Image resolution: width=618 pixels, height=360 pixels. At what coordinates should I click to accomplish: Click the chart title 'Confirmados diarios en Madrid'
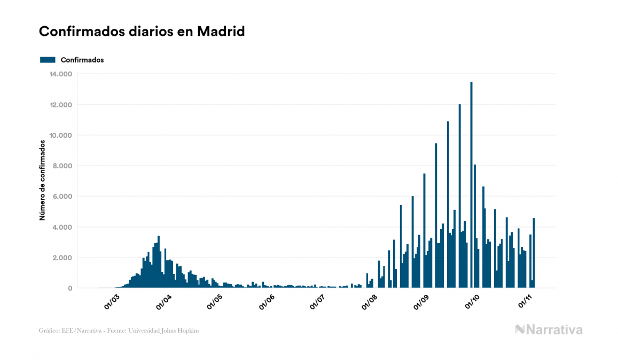142,32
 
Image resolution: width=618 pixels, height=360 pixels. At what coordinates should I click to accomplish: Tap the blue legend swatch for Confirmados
48,60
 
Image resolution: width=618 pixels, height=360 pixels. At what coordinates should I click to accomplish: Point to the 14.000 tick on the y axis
61,74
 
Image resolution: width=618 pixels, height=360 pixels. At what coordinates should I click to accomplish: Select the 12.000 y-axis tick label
61,105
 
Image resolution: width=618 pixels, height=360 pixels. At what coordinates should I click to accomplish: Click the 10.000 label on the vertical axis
61,135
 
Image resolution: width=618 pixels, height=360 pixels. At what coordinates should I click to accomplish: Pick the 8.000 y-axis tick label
62,166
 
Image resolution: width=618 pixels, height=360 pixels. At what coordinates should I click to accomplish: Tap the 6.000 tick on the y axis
62,197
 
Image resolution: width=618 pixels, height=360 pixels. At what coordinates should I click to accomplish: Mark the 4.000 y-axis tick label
62,227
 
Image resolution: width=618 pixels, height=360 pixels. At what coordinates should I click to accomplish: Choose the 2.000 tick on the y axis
62,258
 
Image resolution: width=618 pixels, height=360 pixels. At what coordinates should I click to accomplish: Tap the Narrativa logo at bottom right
549,330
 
